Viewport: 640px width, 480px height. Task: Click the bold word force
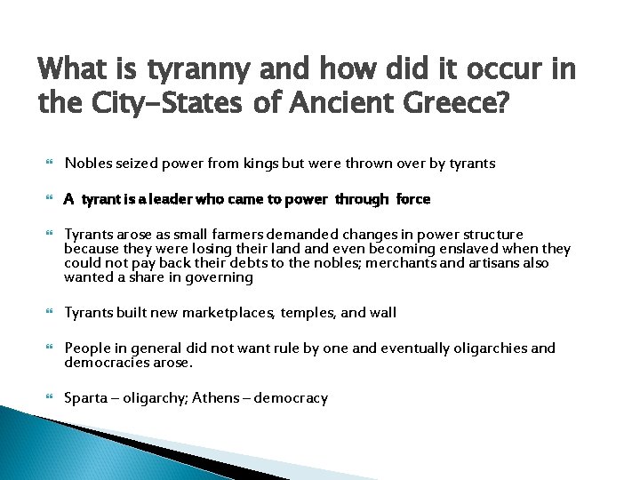(413, 199)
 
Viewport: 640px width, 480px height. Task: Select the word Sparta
(84, 398)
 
